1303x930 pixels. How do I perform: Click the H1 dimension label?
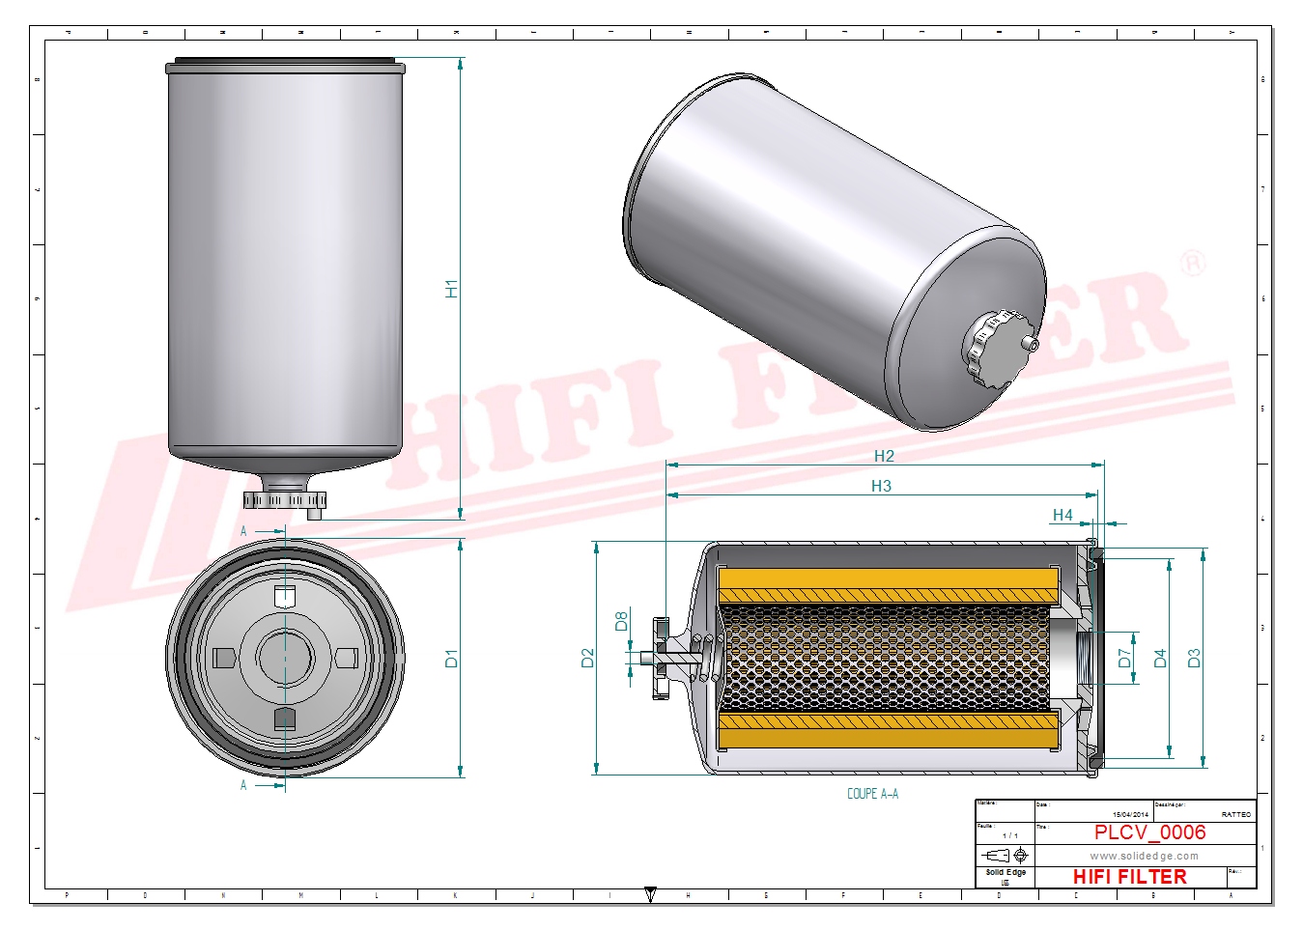click(451, 288)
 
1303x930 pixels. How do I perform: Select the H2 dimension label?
click(884, 456)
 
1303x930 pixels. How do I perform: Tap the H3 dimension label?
click(881, 486)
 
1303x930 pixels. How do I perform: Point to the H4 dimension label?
click(1062, 515)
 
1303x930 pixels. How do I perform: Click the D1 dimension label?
click(451, 659)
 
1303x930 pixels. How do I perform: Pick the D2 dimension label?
click(587, 659)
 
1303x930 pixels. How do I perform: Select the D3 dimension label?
click(1194, 659)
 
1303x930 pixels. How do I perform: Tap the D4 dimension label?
click(1160, 659)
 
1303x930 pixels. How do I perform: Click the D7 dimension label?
click(1124, 659)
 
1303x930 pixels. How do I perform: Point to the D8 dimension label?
click(621, 621)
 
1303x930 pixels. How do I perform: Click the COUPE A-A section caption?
click(872, 794)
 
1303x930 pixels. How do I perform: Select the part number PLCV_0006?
click(1149, 832)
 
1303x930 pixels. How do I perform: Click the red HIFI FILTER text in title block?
click(1129, 877)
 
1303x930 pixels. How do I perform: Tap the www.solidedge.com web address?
click(1144, 856)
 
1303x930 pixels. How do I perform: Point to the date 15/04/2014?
click(1130, 815)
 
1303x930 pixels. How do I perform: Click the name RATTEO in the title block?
click(1235, 815)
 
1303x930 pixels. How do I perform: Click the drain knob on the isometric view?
click(995, 348)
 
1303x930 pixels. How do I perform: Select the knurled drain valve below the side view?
click(284, 499)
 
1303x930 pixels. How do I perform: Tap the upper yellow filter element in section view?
click(889, 583)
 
